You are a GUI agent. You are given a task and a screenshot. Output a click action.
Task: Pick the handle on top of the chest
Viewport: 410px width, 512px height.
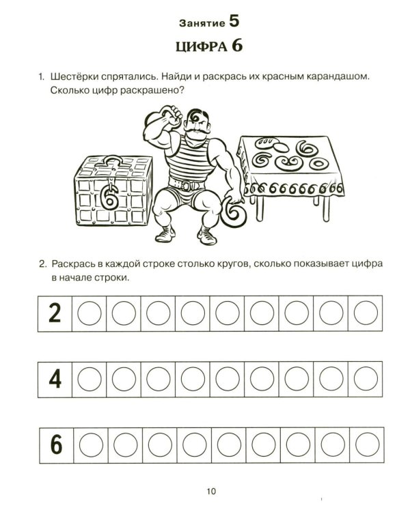tap(110, 162)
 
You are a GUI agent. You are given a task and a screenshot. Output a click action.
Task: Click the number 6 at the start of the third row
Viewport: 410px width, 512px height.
tap(55, 445)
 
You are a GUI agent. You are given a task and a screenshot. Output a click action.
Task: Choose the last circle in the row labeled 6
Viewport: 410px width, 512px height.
tap(366, 445)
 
